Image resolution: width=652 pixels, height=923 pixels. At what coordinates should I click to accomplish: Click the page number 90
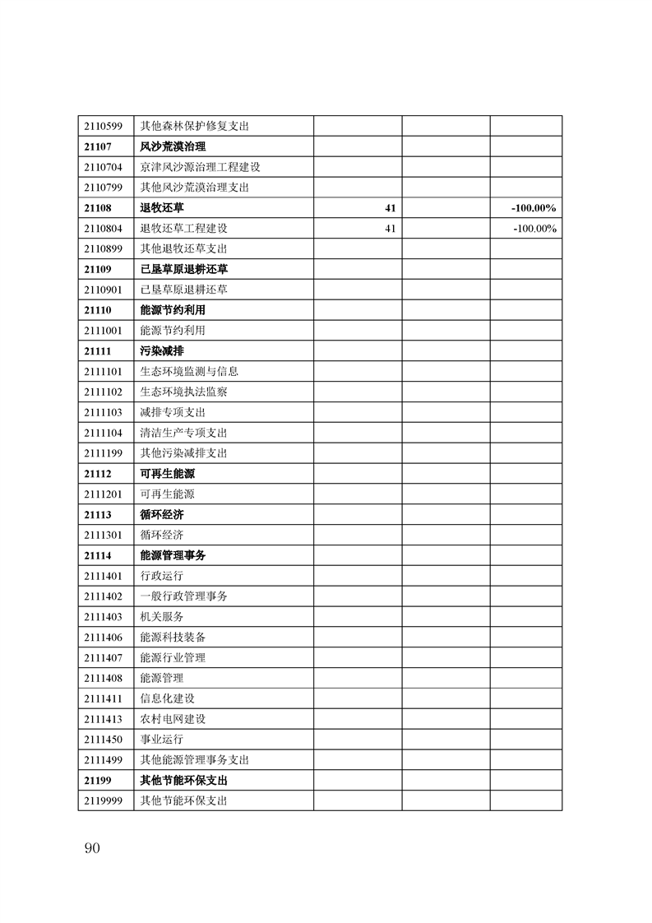tap(91, 848)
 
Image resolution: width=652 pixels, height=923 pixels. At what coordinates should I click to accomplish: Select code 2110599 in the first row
tap(103, 127)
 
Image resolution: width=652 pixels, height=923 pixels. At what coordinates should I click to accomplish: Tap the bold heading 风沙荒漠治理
tap(173, 147)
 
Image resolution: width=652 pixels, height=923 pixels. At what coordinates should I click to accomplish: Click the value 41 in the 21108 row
tap(391, 208)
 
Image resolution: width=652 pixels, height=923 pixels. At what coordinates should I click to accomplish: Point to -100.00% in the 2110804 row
tap(534, 229)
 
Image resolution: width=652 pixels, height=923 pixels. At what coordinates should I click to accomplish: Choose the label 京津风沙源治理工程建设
tap(201, 167)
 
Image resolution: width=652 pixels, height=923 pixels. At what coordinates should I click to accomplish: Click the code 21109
tap(97, 269)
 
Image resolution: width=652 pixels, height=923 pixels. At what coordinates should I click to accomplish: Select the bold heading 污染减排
tap(162, 351)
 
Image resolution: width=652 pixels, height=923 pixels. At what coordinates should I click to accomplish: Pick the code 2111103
tap(103, 412)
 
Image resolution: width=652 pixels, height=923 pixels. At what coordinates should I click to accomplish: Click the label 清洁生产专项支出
tap(183, 433)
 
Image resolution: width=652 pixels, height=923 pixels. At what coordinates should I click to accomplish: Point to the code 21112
tap(97, 474)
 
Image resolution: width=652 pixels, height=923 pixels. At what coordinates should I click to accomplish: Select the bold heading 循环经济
tap(162, 515)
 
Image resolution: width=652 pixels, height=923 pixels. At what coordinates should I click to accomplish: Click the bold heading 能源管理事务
tap(173, 555)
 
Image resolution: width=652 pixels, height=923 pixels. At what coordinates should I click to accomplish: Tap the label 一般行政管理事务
tap(183, 596)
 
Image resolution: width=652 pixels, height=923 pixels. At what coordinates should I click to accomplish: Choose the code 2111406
tap(103, 638)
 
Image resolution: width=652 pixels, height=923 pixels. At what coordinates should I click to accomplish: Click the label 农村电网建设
tap(173, 719)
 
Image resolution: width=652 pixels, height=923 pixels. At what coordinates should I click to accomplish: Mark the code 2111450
tap(103, 740)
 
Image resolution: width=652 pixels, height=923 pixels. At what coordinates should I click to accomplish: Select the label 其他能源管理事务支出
tap(195, 760)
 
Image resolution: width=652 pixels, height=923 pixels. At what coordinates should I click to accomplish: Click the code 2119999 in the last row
tap(103, 800)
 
